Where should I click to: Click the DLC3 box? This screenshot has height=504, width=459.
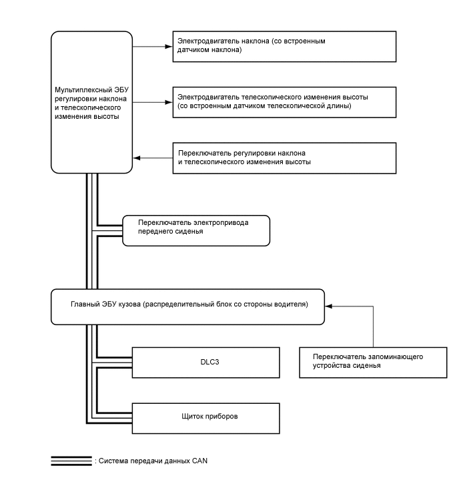[x=205, y=362]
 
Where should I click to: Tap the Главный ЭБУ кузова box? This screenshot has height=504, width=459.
[x=188, y=306]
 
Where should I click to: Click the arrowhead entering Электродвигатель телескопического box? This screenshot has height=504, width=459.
[x=169, y=102]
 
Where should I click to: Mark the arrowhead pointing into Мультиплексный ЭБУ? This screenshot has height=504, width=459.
[x=136, y=158]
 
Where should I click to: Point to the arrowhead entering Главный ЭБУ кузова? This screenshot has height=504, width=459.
[x=328, y=306]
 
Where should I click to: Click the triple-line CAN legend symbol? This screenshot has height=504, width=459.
[x=71, y=461]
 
